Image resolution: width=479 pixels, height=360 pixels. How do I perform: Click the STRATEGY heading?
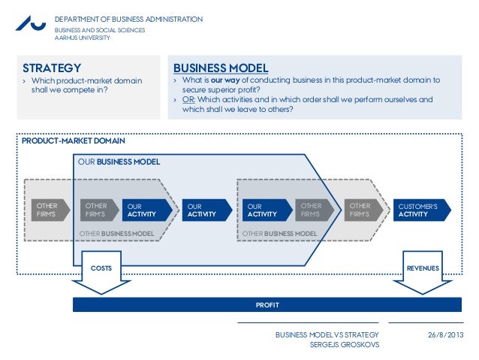click(x=52, y=68)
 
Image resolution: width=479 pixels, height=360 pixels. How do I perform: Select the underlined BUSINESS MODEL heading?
click(x=221, y=68)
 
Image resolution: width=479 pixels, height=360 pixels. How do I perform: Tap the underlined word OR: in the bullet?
click(x=190, y=99)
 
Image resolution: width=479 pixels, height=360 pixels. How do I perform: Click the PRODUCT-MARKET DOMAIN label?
click(x=73, y=141)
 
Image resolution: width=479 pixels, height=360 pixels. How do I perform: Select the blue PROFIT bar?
click(x=267, y=304)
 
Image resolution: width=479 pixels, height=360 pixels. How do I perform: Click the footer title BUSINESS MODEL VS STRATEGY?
click(x=327, y=334)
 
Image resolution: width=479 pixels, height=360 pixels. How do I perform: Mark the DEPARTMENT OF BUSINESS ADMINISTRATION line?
click(x=128, y=18)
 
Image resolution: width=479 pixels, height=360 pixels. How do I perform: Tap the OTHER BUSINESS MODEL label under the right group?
click(x=279, y=234)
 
